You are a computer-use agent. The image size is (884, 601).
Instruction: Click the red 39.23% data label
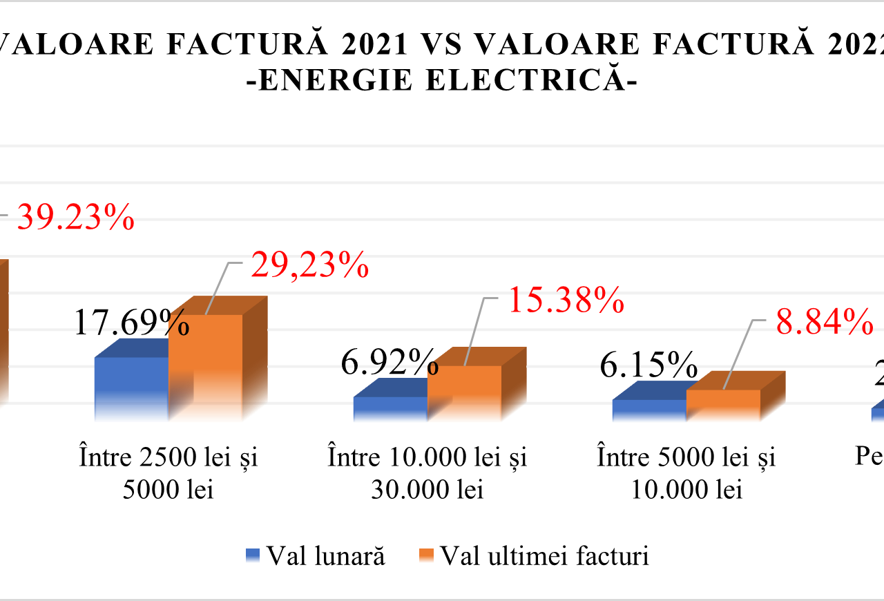(75, 218)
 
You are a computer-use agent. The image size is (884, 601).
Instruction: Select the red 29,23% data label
(309, 265)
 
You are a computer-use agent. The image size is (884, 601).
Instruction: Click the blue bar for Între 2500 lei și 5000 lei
(131, 387)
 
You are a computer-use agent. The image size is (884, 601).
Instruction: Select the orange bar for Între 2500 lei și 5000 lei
(206, 366)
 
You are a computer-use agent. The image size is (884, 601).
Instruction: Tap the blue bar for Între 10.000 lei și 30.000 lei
(390, 408)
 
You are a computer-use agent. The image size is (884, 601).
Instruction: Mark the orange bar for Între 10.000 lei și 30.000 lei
(465, 391)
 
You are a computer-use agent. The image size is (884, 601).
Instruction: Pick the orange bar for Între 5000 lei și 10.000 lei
(723, 403)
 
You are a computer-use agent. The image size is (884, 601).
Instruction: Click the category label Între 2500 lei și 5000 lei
(169, 473)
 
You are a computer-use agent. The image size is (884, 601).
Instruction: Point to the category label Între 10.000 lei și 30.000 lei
(427, 473)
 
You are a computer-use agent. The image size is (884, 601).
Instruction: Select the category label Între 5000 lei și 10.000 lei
(686, 473)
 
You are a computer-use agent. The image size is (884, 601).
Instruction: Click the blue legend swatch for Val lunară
(253, 556)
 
